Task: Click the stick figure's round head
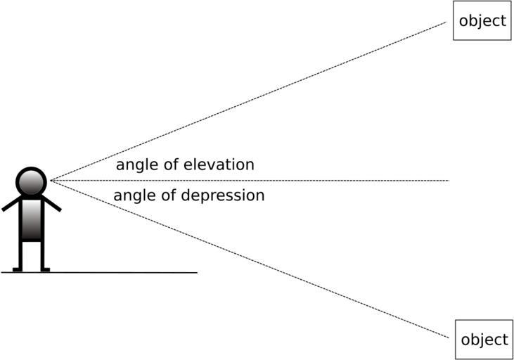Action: coord(31,182)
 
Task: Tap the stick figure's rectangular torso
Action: coord(31,219)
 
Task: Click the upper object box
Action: coord(482,20)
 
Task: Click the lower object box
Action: coord(483,340)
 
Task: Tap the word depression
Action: coord(223,195)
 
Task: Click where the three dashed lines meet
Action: coord(51,181)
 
